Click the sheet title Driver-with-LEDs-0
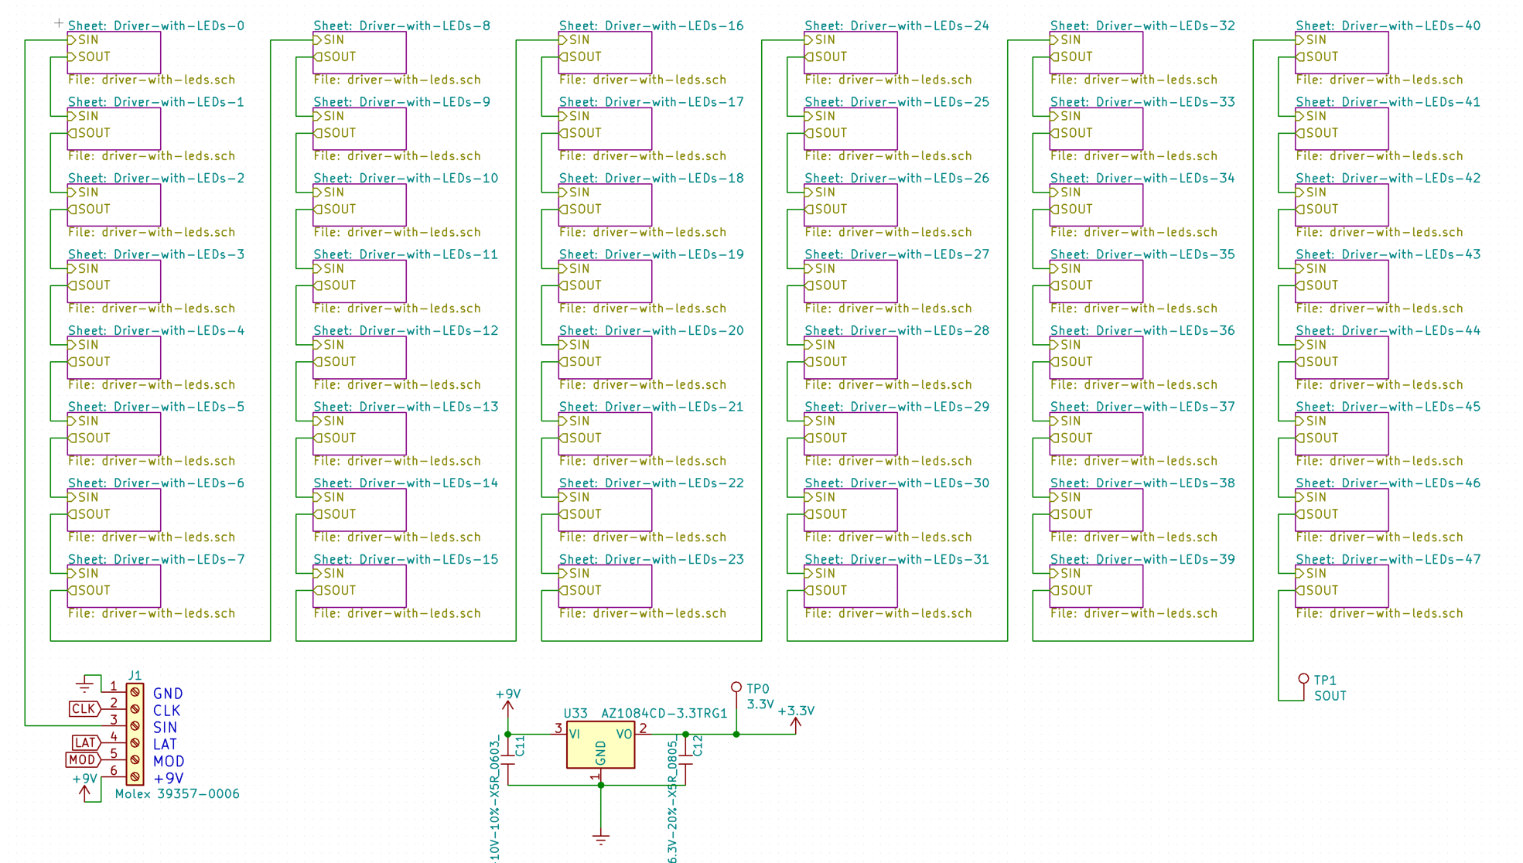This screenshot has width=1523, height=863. point(155,26)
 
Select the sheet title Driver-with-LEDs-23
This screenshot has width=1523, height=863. point(651,559)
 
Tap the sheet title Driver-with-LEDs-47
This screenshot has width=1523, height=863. point(1388,559)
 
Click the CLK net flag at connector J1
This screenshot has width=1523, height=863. point(84,708)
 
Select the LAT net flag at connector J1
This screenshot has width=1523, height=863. point(85,742)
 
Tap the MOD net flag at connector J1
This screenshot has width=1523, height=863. point(83,759)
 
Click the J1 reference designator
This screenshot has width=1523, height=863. point(135,675)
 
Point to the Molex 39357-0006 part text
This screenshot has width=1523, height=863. point(177,793)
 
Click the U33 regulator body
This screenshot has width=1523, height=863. point(600,745)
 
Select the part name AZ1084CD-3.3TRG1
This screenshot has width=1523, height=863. point(664,713)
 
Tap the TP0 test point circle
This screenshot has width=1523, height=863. point(736,687)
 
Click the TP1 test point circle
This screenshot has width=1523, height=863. point(1303,679)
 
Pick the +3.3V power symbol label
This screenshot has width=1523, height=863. point(796,711)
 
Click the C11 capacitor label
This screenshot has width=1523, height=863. point(520,745)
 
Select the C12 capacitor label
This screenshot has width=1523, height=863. point(698,745)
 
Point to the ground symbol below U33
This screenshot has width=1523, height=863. point(601,839)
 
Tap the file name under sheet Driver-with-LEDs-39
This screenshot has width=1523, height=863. point(1133,613)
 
